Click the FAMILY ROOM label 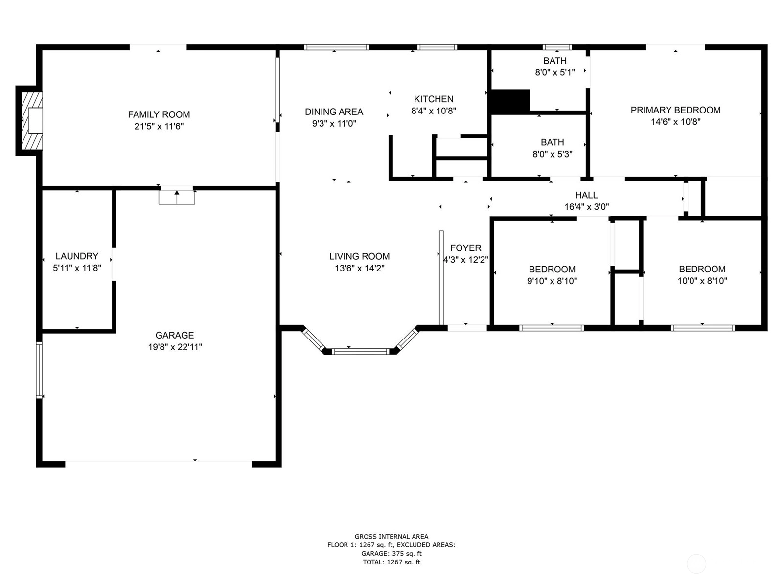[x=159, y=114]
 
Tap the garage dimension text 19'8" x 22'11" [x=175, y=347]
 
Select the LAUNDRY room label [x=77, y=256]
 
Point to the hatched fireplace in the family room [x=32, y=121]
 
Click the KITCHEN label [x=434, y=99]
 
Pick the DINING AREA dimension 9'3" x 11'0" [x=334, y=124]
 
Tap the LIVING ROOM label [x=359, y=256]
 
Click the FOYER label [x=465, y=248]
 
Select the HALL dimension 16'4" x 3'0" [x=586, y=207]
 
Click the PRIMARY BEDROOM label [x=675, y=110]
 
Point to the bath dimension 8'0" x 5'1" [x=554, y=72]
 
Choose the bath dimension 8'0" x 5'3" [x=552, y=154]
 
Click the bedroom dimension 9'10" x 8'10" [x=552, y=281]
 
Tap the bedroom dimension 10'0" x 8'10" [x=702, y=281]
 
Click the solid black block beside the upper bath [x=510, y=101]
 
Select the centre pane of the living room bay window [x=360, y=351]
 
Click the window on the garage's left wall [x=39, y=370]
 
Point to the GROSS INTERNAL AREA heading [x=391, y=536]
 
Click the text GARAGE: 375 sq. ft [x=391, y=553]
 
